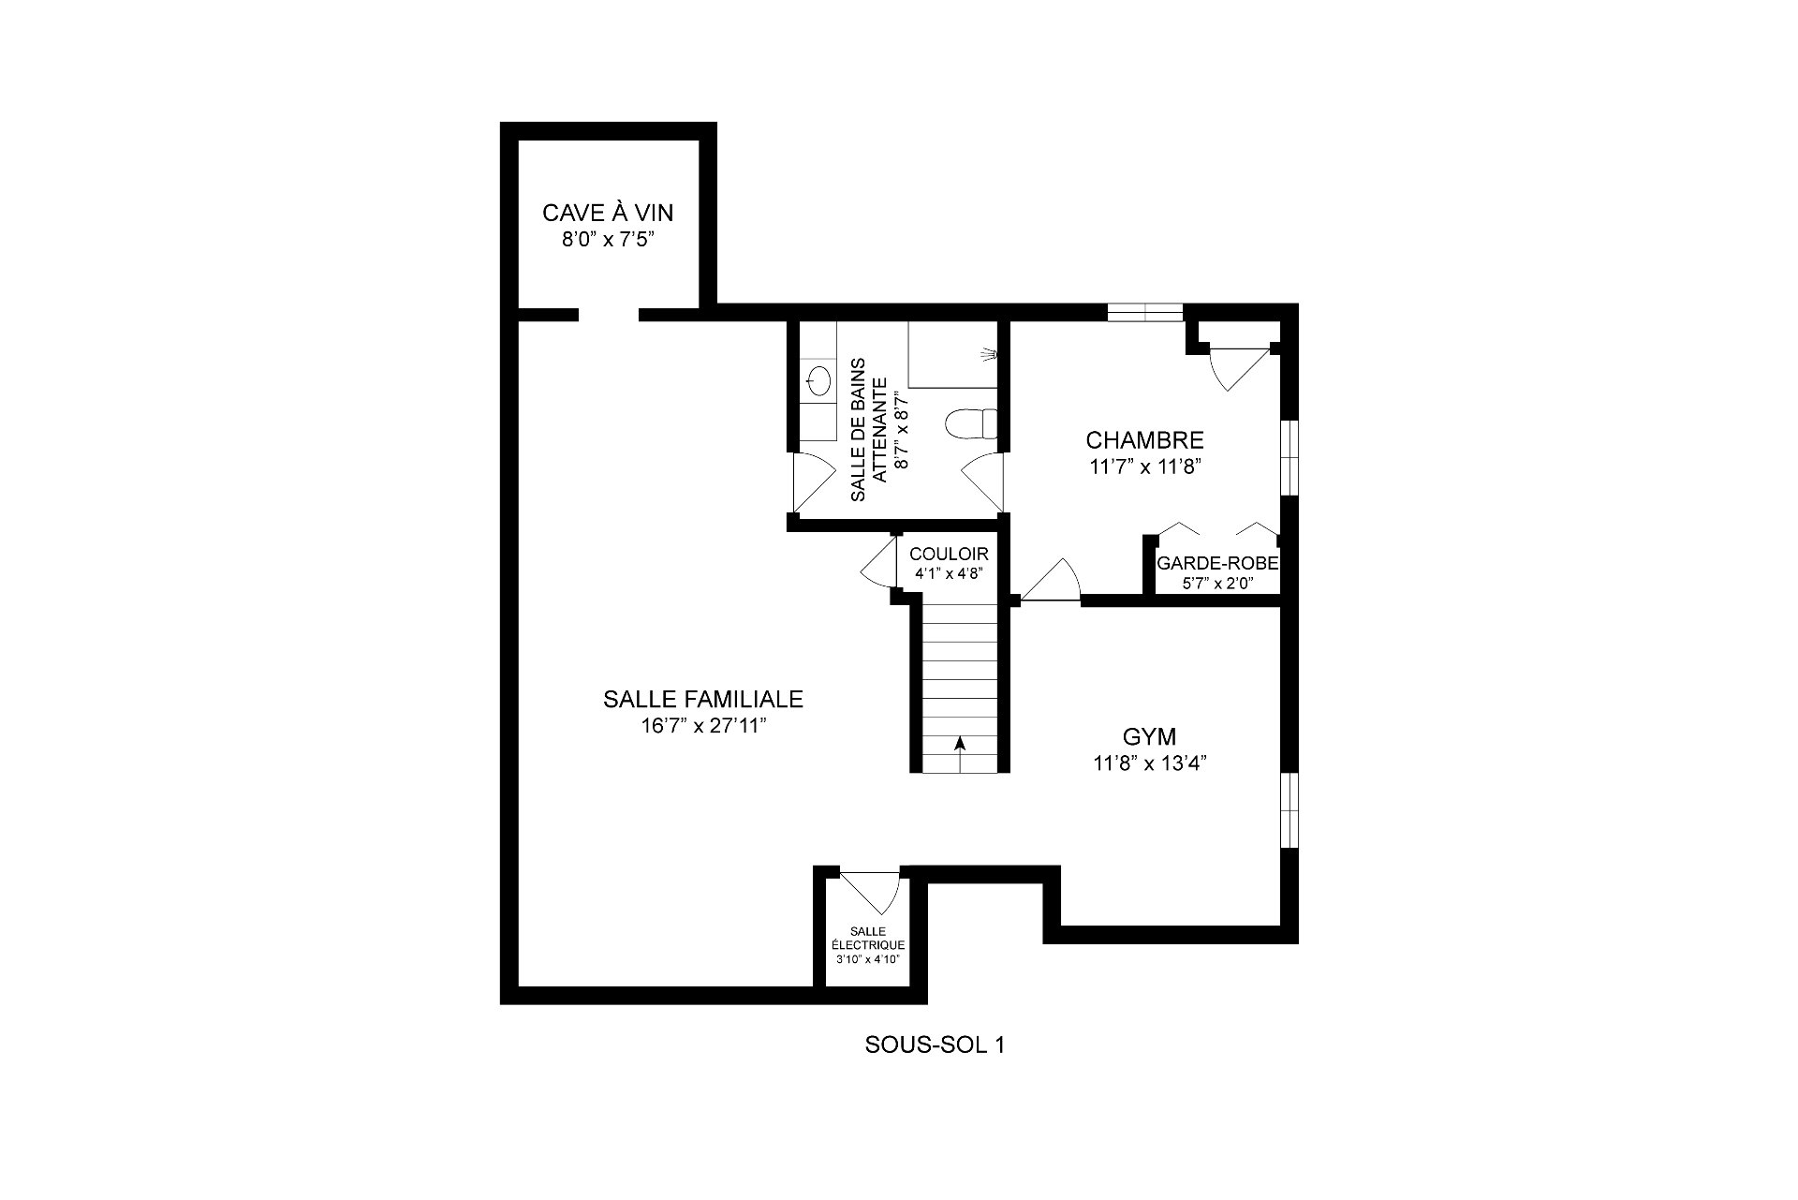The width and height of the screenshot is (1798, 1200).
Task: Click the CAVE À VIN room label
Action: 608,214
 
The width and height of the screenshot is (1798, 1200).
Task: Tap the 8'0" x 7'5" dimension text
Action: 607,240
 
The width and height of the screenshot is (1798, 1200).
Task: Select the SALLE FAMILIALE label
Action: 703,699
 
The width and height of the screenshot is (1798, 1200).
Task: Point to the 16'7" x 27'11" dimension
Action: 702,726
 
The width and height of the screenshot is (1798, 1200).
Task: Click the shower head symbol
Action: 988,354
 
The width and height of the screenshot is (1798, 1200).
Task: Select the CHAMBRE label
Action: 1144,440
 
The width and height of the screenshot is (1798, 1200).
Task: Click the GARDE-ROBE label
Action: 1217,563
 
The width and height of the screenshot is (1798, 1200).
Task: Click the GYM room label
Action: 1149,736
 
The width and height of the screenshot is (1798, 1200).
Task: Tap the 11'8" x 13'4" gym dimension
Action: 1149,763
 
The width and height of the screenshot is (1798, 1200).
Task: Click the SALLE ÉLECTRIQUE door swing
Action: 872,891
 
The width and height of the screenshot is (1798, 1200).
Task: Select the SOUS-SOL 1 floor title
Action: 935,1045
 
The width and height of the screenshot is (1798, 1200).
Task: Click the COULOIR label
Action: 949,555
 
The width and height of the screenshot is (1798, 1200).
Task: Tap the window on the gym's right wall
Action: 1290,810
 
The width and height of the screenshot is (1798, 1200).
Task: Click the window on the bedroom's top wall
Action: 1144,312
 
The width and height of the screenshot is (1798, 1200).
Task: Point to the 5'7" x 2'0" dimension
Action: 1217,583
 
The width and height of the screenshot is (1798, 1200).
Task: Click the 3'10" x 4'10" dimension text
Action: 871,959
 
